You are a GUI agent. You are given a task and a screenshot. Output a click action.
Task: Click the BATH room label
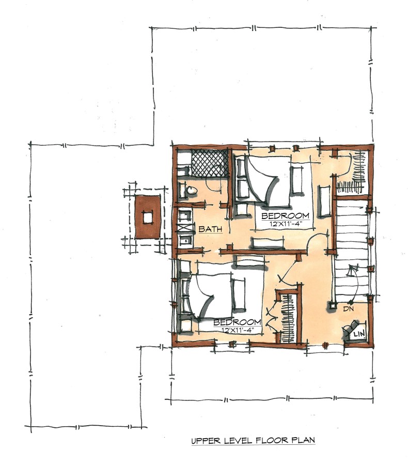pyautogui.click(x=210, y=229)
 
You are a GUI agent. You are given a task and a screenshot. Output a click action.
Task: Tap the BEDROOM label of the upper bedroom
pyautogui.click(x=285, y=216)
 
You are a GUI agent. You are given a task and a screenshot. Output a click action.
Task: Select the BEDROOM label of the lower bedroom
pyautogui.click(x=237, y=322)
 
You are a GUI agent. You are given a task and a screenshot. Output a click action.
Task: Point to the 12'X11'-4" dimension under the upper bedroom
pyautogui.click(x=285, y=224)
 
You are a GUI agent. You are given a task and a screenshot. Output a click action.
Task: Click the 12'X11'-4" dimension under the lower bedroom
pyautogui.click(x=237, y=330)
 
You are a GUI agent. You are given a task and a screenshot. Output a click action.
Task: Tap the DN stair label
pyautogui.click(x=349, y=309)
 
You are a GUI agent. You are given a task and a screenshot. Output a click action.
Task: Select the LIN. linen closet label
pyautogui.click(x=359, y=334)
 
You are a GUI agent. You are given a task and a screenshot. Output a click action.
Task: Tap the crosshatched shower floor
pyautogui.click(x=210, y=163)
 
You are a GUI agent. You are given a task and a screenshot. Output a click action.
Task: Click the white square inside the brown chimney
pyautogui.click(x=148, y=218)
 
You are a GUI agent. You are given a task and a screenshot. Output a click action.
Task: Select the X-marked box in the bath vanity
pyautogui.click(x=184, y=228)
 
